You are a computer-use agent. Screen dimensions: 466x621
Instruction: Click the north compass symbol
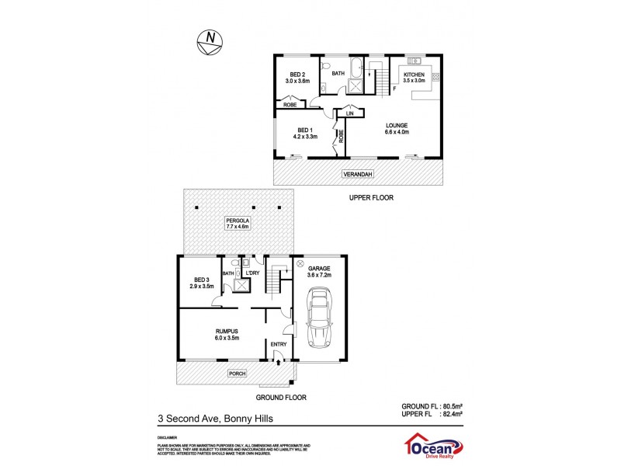pos(210,42)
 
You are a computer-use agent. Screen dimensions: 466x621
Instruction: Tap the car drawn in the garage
pos(319,317)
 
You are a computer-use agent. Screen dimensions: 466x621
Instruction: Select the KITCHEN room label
pos(414,75)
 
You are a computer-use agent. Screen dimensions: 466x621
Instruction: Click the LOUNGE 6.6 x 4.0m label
pos(398,129)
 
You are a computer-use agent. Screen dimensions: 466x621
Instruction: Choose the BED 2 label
pos(298,76)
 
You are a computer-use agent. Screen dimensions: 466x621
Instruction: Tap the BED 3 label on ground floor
pos(201,283)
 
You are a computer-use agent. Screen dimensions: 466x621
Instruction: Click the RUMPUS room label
pos(227,333)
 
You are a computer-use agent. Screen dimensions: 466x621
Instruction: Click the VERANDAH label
pos(358,175)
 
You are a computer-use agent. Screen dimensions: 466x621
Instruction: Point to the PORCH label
pos(237,374)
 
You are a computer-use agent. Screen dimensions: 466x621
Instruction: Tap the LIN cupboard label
pos(350,114)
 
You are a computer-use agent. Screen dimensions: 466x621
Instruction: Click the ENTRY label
pos(279,344)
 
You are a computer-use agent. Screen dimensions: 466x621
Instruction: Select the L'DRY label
pos(253,273)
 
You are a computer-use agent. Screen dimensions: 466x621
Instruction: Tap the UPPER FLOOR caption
pos(370,198)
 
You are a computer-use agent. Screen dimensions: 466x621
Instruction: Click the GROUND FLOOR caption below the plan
pos(281,397)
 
